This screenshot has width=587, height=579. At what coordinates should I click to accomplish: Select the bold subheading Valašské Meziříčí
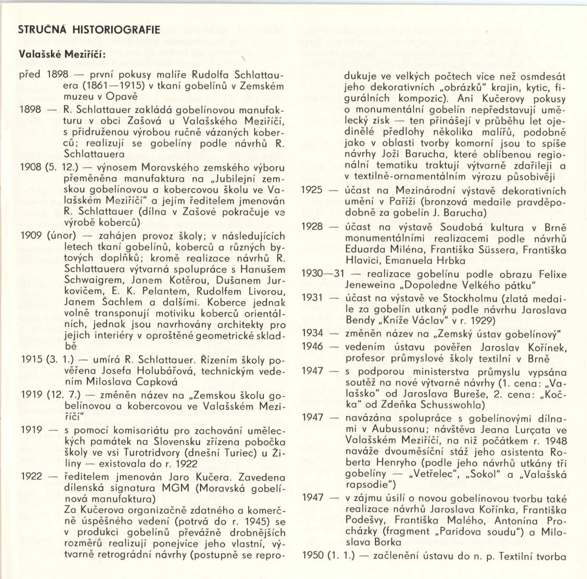click(62, 54)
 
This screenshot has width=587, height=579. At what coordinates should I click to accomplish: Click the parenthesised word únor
click(61, 235)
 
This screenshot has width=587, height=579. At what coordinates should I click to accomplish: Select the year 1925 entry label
click(312, 190)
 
